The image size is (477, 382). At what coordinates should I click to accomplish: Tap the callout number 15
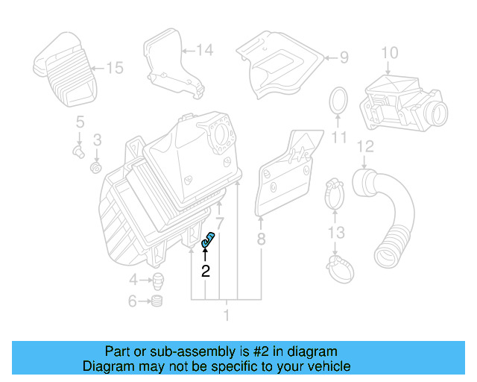tap(114, 68)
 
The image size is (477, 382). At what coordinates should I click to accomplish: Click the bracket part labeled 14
tap(171, 63)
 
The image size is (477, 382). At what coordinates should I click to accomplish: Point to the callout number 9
tap(344, 57)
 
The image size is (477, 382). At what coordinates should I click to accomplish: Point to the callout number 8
tap(261, 239)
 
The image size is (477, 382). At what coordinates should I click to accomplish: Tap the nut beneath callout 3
tap(96, 167)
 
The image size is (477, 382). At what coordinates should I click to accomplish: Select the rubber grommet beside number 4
tap(159, 282)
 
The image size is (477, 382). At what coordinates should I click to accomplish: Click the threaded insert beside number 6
tap(157, 301)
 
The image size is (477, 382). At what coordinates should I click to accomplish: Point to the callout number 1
tap(227, 316)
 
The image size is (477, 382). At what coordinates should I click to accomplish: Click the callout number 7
tap(219, 223)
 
